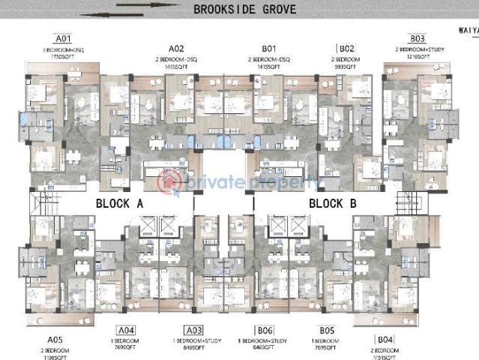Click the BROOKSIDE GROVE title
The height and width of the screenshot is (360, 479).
[x=244, y=10]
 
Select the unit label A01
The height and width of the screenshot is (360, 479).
[x=63, y=38]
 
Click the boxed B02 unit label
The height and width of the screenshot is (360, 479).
[x=346, y=49]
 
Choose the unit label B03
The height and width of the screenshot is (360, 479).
[x=417, y=38]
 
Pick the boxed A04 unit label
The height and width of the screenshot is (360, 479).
[x=126, y=330]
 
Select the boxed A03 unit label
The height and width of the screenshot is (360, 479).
[x=194, y=330]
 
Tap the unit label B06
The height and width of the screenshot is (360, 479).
[x=264, y=330]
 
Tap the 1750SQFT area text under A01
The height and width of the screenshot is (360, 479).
[x=63, y=56]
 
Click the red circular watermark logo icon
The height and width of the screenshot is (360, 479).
[x=169, y=181]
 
